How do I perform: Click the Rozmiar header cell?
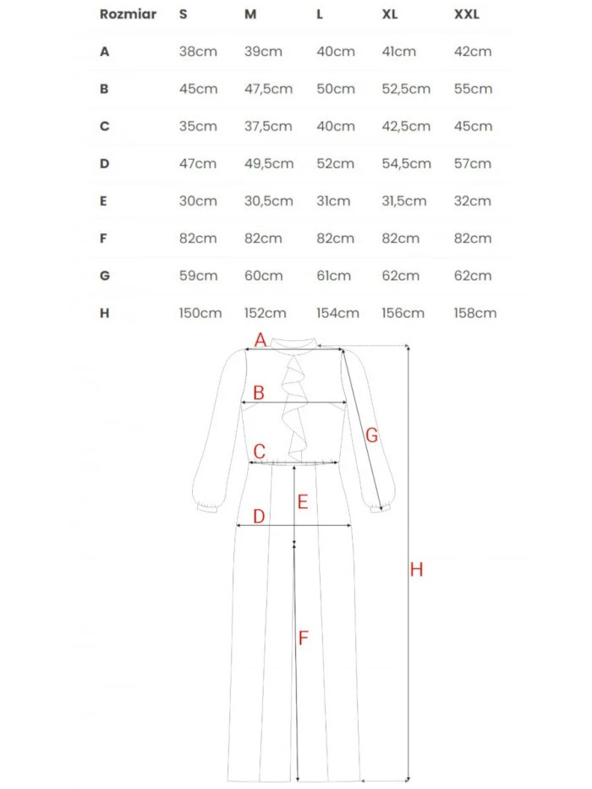coord(128,14)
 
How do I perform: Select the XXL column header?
coord(467,14)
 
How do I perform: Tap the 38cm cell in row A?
coord(198,52)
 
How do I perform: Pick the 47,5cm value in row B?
coord(267,89)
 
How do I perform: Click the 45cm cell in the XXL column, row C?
coord(473,126)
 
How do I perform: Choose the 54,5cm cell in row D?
coord(406,163)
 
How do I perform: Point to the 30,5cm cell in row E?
coord(267,200)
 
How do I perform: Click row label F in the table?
coord(104,238)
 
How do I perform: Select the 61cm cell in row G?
coord(336,275)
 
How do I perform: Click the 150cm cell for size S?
coord(200,313)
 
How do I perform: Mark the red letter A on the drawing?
coord(260,340)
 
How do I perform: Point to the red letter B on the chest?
coord(259,392)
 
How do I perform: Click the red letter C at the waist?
coord(260,452)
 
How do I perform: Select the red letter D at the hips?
coord(259,516)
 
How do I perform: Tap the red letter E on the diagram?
coord(302,501)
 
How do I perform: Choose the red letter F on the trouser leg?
coord(303,638)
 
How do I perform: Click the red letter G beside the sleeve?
coord(371,436)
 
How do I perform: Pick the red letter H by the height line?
coord(416,570)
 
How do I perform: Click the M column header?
coord(250,14)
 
